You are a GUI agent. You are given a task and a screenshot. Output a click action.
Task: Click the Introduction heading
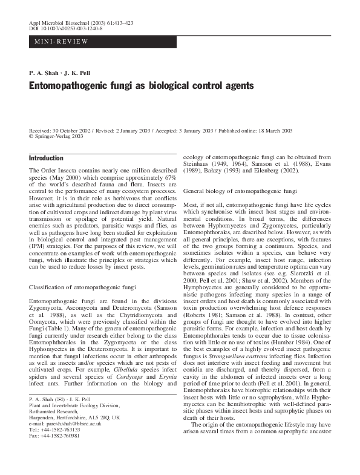[46, 158]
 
